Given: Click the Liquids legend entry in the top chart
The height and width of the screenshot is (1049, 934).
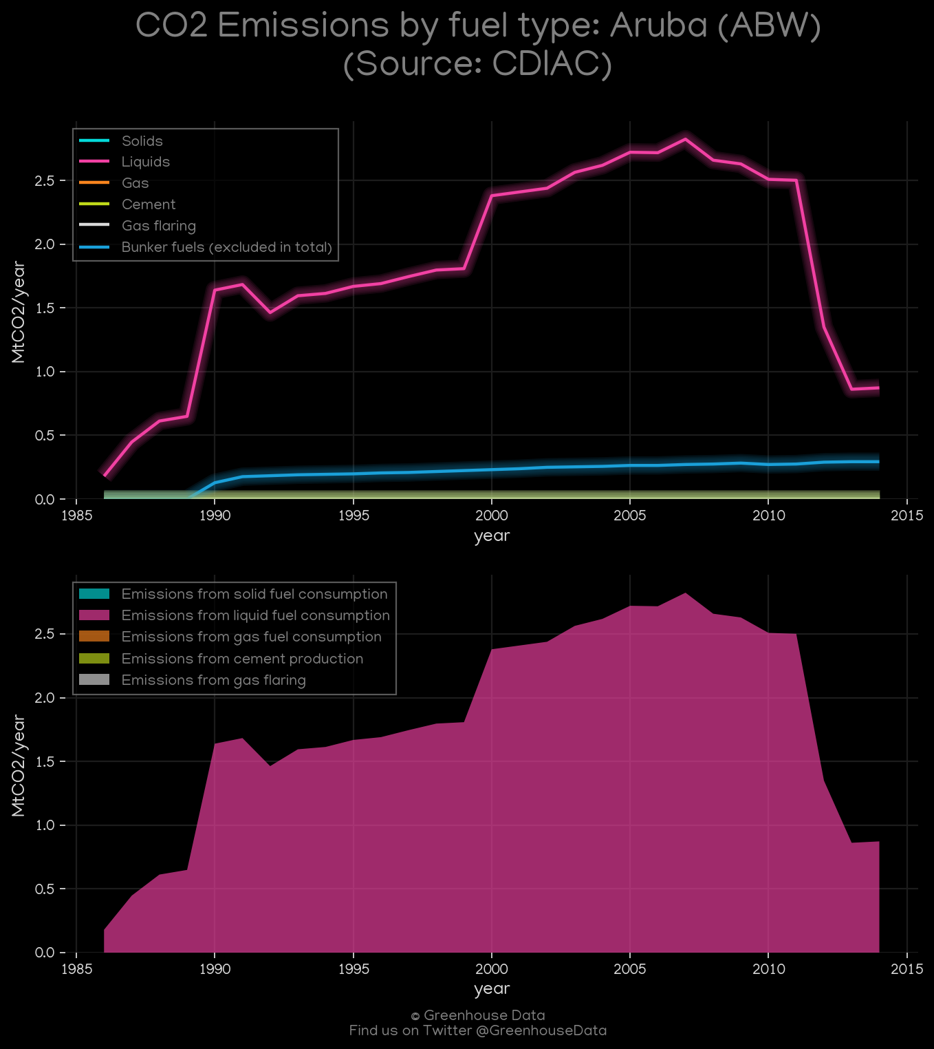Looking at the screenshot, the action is [x=124, y=162].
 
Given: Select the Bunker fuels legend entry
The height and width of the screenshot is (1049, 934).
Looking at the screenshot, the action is [x=206, y=247].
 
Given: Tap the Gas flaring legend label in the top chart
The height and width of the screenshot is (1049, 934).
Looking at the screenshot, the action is [x=159, y=226].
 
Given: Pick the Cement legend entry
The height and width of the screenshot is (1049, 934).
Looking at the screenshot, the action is [x=127, y=204].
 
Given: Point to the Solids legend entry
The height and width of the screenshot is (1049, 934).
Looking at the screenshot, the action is [x=120, y=140].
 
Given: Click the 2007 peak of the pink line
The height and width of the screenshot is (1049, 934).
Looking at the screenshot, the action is [x=685, y=139].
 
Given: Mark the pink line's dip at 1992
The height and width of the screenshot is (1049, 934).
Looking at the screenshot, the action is [x=270, y=312].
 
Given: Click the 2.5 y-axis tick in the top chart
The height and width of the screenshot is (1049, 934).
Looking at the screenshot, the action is [x=44, y=181].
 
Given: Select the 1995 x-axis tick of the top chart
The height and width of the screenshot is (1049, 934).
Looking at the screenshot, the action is [x=354, y=516].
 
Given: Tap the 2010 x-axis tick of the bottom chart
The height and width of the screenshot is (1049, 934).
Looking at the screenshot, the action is [x=768, y=968].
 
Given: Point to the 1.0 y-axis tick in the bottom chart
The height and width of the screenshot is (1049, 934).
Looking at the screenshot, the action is [x=44, y=825].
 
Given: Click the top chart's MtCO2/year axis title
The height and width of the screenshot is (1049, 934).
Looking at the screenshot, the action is [x=18, y=312].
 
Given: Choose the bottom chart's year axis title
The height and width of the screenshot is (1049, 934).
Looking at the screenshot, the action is [x=492, y=989].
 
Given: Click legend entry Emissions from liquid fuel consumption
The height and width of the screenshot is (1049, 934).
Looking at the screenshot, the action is [x=235, y=615].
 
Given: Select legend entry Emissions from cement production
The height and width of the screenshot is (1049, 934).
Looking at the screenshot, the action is [x=221, y=659].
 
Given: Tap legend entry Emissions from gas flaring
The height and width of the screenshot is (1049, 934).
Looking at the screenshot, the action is [x=193, y=680].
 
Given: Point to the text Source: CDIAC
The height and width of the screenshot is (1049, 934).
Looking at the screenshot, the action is [x=477, y=64].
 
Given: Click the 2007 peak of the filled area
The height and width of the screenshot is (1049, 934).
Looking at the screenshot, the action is [x=685, y=593].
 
